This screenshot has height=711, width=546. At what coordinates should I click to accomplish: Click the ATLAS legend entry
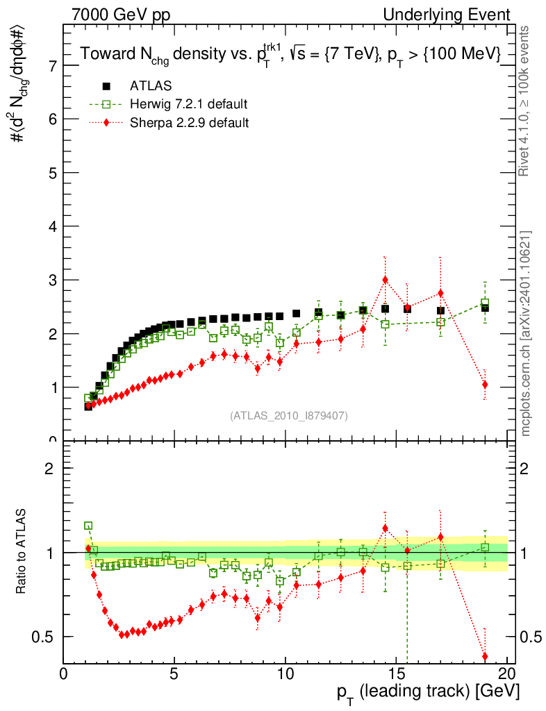(x=151, y=86)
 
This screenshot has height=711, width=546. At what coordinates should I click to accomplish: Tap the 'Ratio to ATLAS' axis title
(x=22, y=553)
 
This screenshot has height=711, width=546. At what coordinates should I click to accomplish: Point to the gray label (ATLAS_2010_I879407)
(x=289, y=415)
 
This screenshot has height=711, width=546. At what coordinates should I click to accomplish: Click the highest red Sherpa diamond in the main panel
(x=385, y=280)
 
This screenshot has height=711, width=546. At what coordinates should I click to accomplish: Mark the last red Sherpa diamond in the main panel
(x=485, y=385)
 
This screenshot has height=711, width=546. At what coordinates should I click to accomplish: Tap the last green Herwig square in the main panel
(x=485, y=303)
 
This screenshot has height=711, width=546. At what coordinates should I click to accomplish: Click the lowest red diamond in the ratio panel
(x=485, y=656)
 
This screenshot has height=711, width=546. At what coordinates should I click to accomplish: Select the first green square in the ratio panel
(x=88, y=526)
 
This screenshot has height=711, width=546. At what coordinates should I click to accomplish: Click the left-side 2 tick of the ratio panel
(x=68, y=468)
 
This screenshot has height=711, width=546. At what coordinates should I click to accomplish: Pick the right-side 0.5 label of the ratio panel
(x=529, y=637)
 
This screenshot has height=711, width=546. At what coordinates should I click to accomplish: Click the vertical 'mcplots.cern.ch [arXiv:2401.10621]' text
(x=527, y=333)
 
